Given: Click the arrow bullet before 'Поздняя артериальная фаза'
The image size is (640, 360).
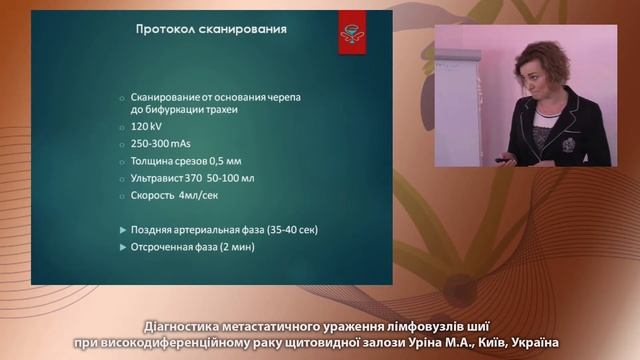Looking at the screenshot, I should click(122, 229).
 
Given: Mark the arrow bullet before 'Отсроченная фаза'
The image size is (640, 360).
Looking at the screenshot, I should click(122, 246).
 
